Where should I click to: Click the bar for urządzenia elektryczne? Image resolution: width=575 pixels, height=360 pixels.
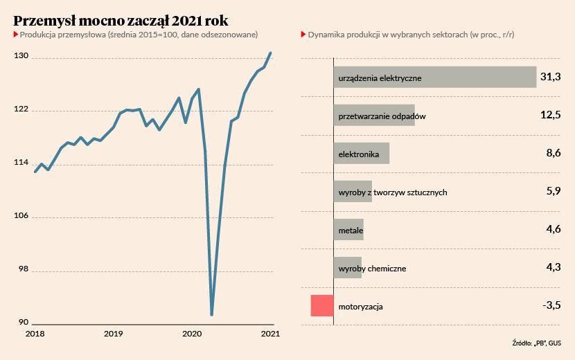(435, 77)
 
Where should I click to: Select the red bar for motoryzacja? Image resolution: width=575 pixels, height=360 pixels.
(322, 306)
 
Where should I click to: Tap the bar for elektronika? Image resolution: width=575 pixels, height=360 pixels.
(362, 153)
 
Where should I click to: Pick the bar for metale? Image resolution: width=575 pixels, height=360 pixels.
(348, 229)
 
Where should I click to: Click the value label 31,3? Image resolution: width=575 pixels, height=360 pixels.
(551, 77)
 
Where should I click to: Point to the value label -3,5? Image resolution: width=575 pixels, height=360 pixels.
(551, 305)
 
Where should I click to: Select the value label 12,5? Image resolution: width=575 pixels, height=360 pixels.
(551, 115)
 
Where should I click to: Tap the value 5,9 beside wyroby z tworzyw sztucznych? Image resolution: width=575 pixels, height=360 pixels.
(554, 190)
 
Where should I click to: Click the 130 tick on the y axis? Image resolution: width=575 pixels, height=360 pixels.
(21, 55)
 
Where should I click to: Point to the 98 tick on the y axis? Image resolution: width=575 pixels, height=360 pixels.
(24, 269)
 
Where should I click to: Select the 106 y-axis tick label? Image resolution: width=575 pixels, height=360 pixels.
(21, 215)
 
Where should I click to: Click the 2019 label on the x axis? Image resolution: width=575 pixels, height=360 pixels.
(114, 334)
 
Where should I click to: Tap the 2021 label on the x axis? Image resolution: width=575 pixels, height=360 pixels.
(270, 334)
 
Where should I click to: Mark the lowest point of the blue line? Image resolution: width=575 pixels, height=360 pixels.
(211, 314)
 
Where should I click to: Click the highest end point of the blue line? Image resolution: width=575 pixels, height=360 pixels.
(271, 53)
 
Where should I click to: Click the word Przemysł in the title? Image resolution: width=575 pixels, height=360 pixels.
(44, 21)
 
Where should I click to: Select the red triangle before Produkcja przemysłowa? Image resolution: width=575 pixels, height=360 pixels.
(16, 35)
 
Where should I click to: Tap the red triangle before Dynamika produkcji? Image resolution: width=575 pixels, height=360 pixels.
(303, 35)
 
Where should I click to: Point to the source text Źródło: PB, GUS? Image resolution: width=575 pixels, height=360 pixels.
(536, 343)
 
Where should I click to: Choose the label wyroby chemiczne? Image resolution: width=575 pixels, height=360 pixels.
(372, 269)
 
